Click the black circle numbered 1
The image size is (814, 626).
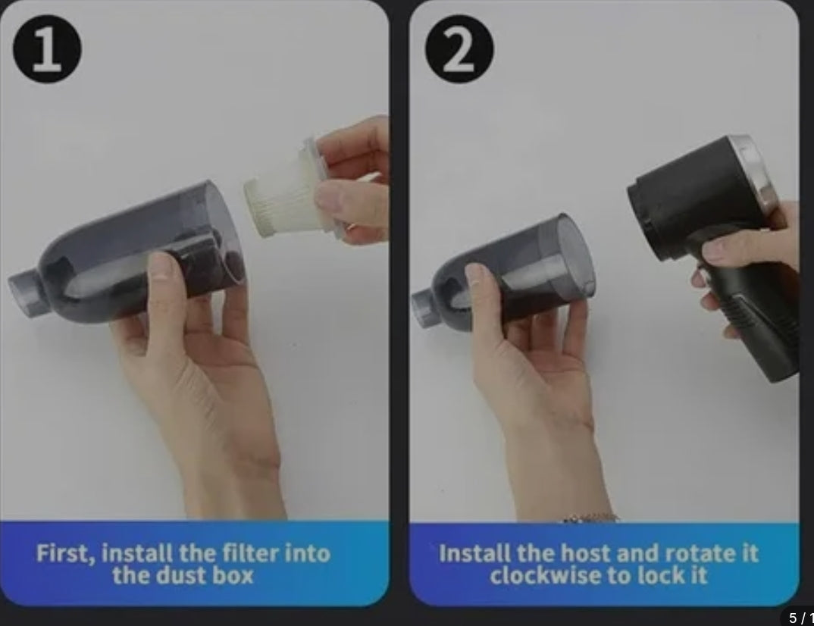point(47,49)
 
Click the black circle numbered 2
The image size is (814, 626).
point(459,49)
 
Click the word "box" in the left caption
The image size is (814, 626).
point(232,575)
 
